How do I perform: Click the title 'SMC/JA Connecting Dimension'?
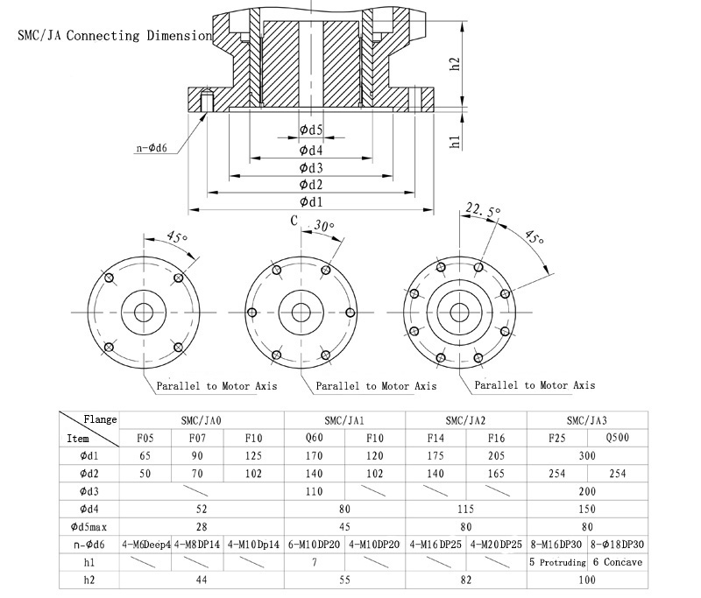(x=114, y=37)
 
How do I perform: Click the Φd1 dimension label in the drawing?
(x=311, y=202)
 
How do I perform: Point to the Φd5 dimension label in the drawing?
(x=311, y=131)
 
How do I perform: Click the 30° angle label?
(x=324, y=226)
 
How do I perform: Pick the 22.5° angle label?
(x=483, y=210)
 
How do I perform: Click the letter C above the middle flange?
(x=295, y=221)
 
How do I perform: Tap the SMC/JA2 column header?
(x=466, y=419)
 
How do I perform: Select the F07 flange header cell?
(x=196, y=438)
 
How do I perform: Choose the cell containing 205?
(x=496, y=456)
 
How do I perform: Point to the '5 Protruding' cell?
(x=556, y=561)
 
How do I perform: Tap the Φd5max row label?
(x=89, y=526)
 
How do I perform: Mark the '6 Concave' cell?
(x=616, y=561)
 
